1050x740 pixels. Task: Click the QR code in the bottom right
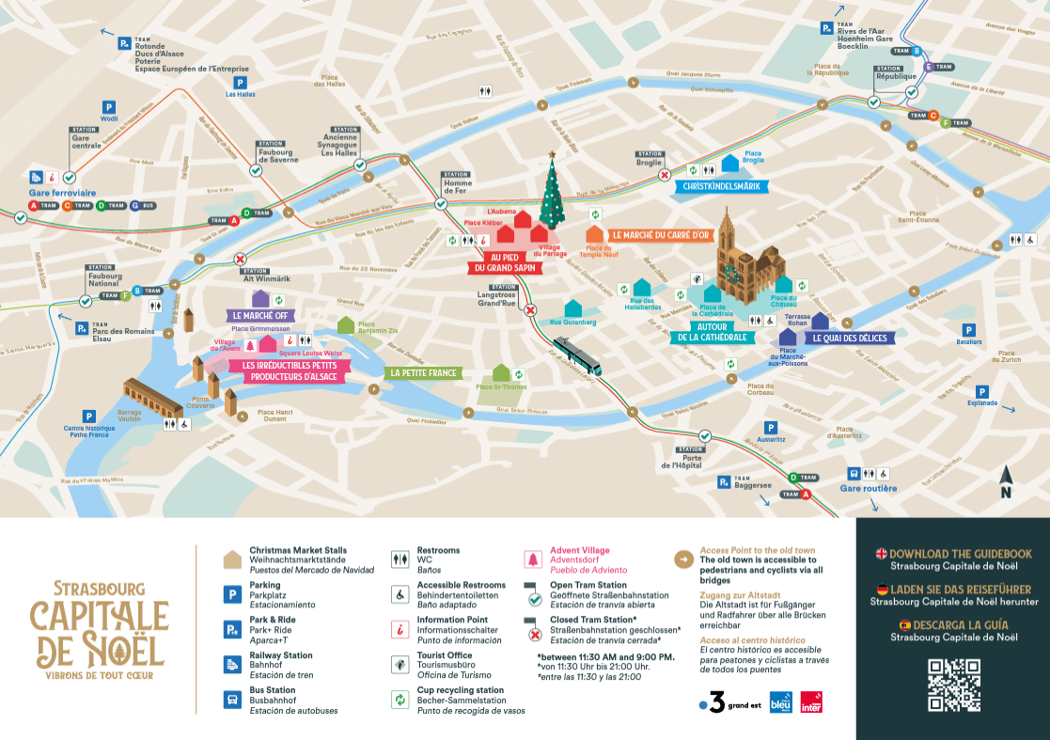pyautogui.click(x=953, y=685)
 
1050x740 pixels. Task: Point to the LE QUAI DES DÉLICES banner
pyautogui.click(x=849, y=338)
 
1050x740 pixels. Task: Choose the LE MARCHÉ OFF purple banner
pyautogui.click(x=259, y=316)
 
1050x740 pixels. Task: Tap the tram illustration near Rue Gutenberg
pyautogui.click(x=577, y=356)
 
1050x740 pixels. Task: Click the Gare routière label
pyautogui.click(x=868, y=489)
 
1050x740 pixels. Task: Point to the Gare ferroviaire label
pyautogui.click(x=63, y=192)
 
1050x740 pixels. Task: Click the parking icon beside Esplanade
pyautogui.click(x=981, y=391)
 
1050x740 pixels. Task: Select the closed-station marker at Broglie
pyautogui.click(x=665, y=175)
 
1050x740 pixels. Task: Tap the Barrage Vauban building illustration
pyautogui.click(x=152, y=399)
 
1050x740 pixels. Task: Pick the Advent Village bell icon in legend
pyautogui.click(x=532, y=560)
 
